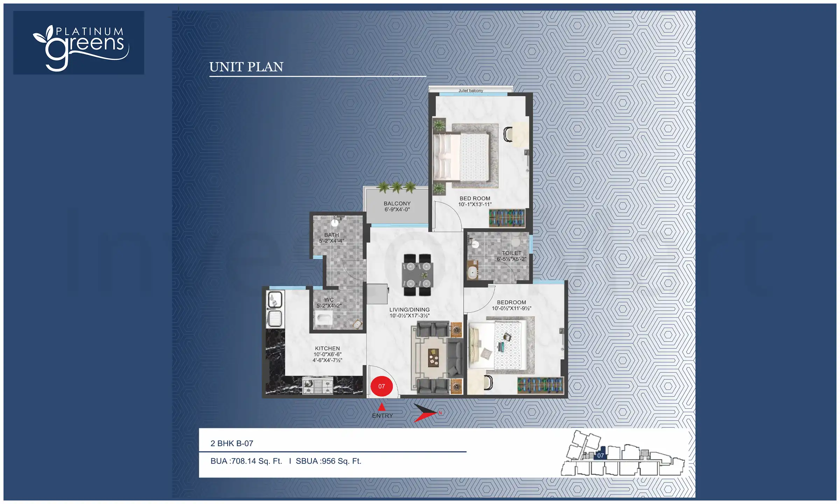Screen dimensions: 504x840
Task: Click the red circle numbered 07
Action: (381, 386)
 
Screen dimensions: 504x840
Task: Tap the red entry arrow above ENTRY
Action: (382, 407)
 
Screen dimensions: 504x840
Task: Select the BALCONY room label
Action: (397, 203)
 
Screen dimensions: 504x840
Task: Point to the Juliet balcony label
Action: (471, 91)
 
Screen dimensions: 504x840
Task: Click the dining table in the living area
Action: (418, 275)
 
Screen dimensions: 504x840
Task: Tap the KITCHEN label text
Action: (327, 348)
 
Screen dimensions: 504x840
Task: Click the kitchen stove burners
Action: (318, 385)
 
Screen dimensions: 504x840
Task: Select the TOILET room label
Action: (511, 253)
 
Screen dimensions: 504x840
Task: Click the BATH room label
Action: (331, 235)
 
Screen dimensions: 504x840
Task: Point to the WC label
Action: (329, 300)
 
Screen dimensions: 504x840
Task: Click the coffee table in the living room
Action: (433, 358)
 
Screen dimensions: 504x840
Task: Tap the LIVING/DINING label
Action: (409, 310)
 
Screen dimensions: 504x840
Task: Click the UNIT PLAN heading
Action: (246, 67)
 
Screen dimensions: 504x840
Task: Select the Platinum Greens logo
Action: (79, 43)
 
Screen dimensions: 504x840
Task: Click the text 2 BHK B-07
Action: (232, 443)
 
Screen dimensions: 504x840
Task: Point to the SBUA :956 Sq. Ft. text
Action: (328, 461)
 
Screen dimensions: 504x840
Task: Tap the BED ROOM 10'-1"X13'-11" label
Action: (475, 201)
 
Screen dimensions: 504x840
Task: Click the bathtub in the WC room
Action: (324, 319)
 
